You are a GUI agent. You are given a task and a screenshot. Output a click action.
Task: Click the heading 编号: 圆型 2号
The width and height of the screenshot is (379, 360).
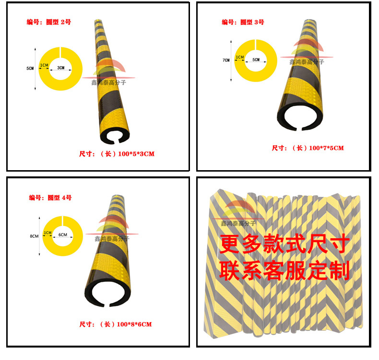tap(48, 22)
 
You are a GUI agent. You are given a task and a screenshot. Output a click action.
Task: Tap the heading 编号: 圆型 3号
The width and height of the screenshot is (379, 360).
tap(243, 22)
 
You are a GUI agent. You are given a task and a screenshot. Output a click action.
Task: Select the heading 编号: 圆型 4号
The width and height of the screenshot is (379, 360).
tap(50, 197)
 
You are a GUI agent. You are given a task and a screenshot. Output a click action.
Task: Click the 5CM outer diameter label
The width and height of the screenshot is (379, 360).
tap(30, 69)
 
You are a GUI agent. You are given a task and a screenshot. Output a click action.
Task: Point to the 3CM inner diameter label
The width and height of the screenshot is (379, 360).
tap(60, 68)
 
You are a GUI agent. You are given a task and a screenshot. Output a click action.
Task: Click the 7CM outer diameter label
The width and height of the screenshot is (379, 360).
tap(226, 60)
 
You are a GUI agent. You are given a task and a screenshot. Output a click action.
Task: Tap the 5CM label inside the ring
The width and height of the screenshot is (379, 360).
tap(256, 60)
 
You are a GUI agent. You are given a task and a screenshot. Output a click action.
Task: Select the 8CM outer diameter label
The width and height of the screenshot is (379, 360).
tap(34, 236)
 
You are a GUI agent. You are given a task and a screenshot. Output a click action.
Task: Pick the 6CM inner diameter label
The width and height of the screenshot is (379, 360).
tap(62, 235)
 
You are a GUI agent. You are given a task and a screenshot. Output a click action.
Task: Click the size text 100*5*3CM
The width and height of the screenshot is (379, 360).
tap(117, 154)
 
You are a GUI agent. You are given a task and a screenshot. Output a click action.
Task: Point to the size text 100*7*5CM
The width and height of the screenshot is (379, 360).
tap(308, 148)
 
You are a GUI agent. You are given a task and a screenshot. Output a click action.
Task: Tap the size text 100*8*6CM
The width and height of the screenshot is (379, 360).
tap(115, 325)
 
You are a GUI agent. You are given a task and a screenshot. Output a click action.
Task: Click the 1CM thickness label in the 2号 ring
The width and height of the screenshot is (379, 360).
tap(44, 65)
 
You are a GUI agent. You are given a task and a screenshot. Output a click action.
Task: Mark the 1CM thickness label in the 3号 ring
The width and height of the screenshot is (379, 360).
tap(239, 58)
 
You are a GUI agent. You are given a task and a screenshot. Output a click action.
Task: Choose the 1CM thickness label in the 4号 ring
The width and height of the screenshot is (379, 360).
tap(47, 232)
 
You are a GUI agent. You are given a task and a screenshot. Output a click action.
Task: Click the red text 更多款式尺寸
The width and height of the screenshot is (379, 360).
tap(283, 245)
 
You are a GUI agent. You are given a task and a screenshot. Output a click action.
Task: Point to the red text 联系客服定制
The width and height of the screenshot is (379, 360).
tap(283, 271)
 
